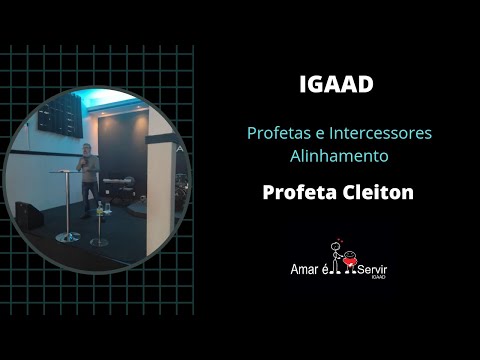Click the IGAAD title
coord(336,85)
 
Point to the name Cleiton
coord(375,190)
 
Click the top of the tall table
coord(68,172)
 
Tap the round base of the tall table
coord(68,236)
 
